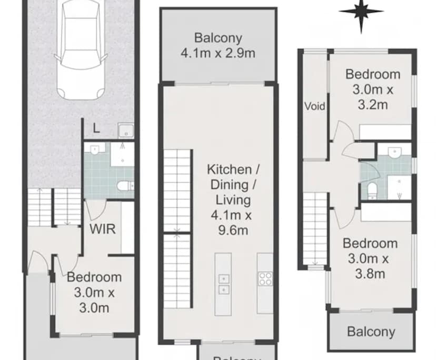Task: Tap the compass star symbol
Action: [x=361, y=12]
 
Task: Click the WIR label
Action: [x=103, y=229]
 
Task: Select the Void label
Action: [x=315, y=106]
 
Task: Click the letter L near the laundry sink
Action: [x=95, y=128]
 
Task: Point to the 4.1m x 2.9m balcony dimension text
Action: [x=218, y=53]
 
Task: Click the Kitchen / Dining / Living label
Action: [x=229, y=185]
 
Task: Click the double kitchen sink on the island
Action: [x=223, y=284]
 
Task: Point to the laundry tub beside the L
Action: [x=125, y=131]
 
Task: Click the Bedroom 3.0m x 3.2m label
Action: [x=373, y=89]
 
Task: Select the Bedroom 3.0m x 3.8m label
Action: [x=370, y=258]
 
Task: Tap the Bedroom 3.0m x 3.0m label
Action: [x=95, y=292]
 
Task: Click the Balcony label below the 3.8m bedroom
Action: [x=371, y=332]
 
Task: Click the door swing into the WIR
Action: [x=95, y=211]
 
